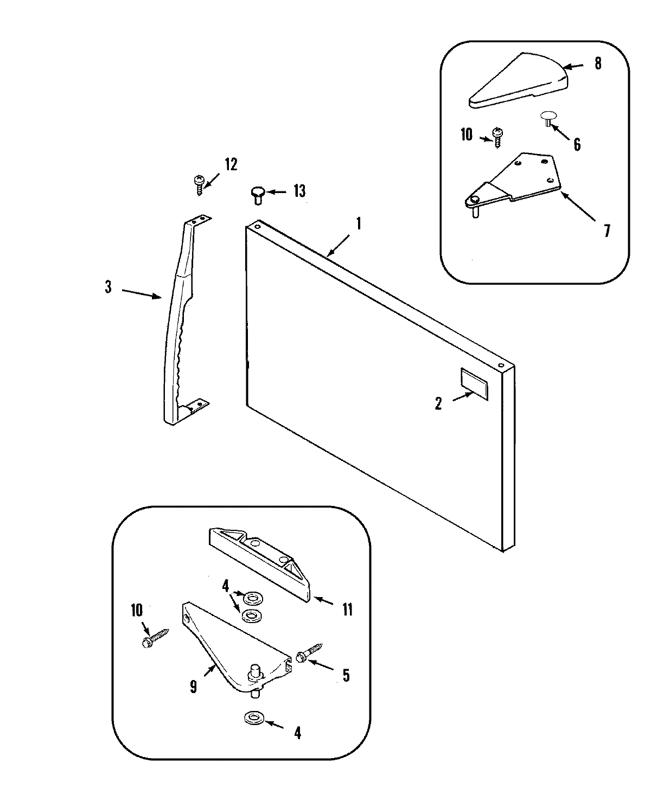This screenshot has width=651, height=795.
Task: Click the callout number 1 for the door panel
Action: tap(358, 224)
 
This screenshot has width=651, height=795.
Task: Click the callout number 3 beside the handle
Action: tap(108, 287)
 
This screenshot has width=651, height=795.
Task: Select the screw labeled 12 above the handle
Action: tap(199, 184)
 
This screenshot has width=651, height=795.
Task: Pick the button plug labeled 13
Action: tap(257, 194)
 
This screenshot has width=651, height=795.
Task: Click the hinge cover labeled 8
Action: tap(518, 81)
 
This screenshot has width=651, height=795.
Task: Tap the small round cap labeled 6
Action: tap(548, 118)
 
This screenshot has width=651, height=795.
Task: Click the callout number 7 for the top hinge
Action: tap(607, 231)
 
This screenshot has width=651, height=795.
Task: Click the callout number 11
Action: tap(347, 610)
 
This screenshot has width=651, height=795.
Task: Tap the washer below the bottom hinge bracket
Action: tap(252, 719)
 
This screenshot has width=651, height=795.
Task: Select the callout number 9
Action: tap(194, 687)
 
